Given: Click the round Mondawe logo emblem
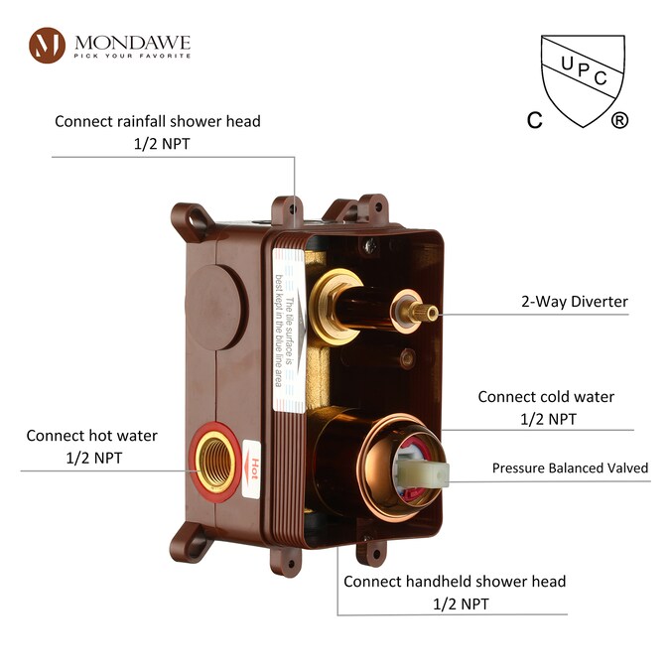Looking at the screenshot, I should pyautogui.click(x=47, y=46).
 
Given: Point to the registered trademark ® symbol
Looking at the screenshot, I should pyautogui.click(x=619, y=120).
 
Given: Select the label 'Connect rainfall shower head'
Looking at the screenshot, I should pyautogui.click(x=158, y=121).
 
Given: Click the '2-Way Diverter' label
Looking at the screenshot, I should pyautogui.click(x=575, y=302).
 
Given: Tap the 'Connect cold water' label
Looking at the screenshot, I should pyautogui.click(x=546, y=397).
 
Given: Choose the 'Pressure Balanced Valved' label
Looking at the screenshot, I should pyautogui.click(x=570, y=468).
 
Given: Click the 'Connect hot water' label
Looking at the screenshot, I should pyautogui.click(x=91, y=436).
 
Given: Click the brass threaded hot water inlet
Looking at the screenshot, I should pyautogui.click(x=212, y=459).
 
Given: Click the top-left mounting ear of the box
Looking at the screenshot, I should pyautogui.click(x=188, y=218).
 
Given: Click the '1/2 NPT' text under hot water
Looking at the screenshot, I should pyautogui.click(x=92, y=458).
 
